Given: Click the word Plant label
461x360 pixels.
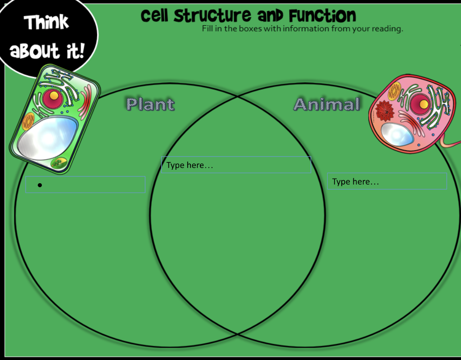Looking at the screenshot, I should pyautogui.click(x=150, y=104).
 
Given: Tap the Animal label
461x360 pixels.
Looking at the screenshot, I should pyautogui.click(x=327, y=104).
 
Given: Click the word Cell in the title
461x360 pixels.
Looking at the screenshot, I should pyautogui.click(x=155, y=16).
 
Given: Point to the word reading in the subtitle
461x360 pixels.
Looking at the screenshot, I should pyautogui.click(x=387, y=29).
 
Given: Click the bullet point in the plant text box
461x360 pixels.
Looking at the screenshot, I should pyautogui.click(x=40, y=185).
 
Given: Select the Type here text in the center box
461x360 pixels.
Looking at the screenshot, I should pyautogui.click(x=190, y=165).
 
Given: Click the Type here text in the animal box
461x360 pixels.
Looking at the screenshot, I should pyautogui.click(x=355, y=182).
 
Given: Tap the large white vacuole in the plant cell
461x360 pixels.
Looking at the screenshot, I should pyautogui.click(x=47, y=137).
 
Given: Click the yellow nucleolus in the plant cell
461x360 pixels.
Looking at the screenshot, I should pyautogui.click(x=54, y=95).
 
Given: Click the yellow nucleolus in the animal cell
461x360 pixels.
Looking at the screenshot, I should pyautogui.click(x=423, y=103).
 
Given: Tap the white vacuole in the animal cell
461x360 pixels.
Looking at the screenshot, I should pyautogui.click(x=397, y=133).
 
